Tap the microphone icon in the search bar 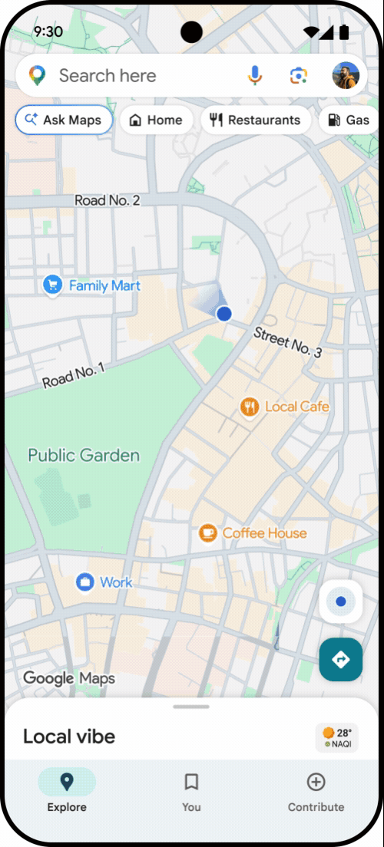coord(255,75)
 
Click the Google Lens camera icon coord(298,75)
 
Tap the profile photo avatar coord(345,75)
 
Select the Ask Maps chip coord(64,120)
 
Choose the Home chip coord(156,120)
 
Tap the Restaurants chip coord(255,120)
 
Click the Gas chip coord(349,120)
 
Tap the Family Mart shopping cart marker coord(52,285)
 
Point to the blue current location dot coord(223,313)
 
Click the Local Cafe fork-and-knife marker coord(249,407)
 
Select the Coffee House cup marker coord(207,532)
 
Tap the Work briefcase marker coord(84,582)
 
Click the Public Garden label coord(84,455)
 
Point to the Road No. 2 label coord(107,200)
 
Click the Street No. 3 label coord(287,341)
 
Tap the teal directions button coord(340,659)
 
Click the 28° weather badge coord(337,737)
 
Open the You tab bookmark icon coord(191,782)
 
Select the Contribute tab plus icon coord(316,782)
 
